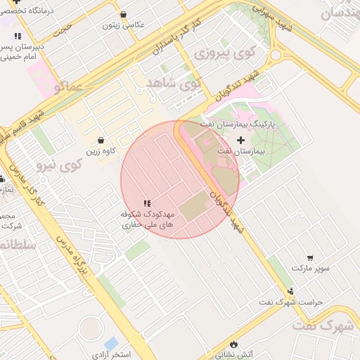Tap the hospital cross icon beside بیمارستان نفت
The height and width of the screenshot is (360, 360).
[241, 141]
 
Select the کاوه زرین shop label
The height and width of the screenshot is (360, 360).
[102, 151]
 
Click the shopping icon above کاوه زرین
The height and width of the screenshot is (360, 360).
[102, 141]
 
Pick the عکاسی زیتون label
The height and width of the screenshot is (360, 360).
[124, 25]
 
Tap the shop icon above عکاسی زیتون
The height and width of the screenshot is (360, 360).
[124, 14]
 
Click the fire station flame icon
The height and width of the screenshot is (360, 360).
[233, 344]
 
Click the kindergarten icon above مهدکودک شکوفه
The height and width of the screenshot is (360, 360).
[147, 203]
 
